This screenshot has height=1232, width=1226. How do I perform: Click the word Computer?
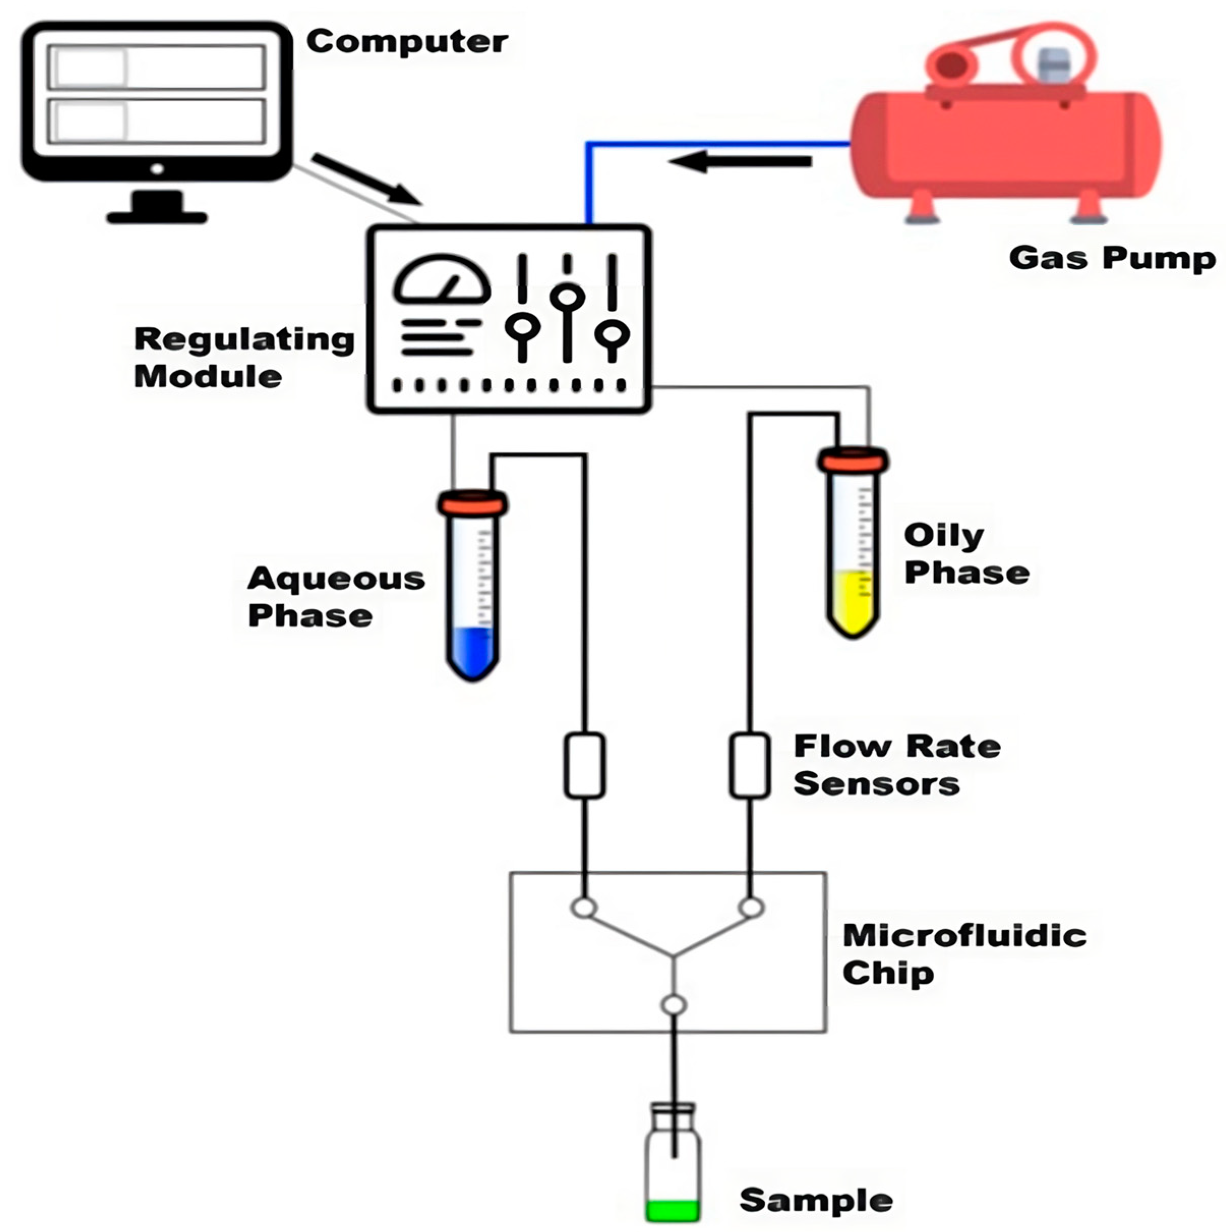(407, 42)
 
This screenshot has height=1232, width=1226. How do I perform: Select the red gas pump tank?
(1006, 143)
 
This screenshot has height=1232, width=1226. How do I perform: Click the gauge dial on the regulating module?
(442, 281)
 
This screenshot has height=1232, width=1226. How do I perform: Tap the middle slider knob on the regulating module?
(567, 297)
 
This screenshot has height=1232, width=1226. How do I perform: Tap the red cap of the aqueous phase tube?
(472, 503)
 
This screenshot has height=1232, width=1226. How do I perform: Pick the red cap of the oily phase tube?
(853, 460)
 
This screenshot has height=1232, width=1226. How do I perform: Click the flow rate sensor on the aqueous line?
(584, 765)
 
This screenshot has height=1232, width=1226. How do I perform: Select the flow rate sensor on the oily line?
(750, 765)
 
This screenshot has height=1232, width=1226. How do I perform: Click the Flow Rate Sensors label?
(896, 765)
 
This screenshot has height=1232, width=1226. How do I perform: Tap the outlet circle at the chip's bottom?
(673, 1005)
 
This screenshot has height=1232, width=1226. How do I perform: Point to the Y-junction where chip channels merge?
(673, 955)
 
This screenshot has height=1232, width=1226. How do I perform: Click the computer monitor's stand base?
(157, 217)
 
